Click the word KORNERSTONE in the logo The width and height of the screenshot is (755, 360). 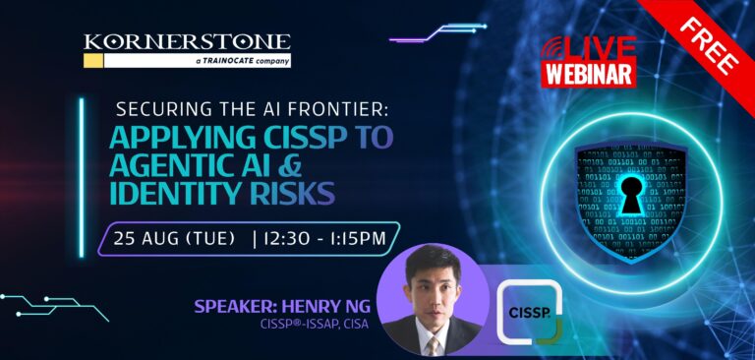coord(187,42)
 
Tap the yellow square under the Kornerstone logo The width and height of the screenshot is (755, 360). coord(93,60)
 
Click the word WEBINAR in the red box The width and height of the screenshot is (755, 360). coord(589,74)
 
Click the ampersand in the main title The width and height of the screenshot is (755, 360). coord(290,165)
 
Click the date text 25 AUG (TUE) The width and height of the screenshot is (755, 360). coord(174,239)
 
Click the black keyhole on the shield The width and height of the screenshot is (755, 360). coord(631,195)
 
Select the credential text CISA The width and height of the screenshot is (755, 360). coord(356,325)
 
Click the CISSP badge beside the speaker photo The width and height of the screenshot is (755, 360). coord(530,312)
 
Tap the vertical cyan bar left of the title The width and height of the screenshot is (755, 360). coord(82,178)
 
